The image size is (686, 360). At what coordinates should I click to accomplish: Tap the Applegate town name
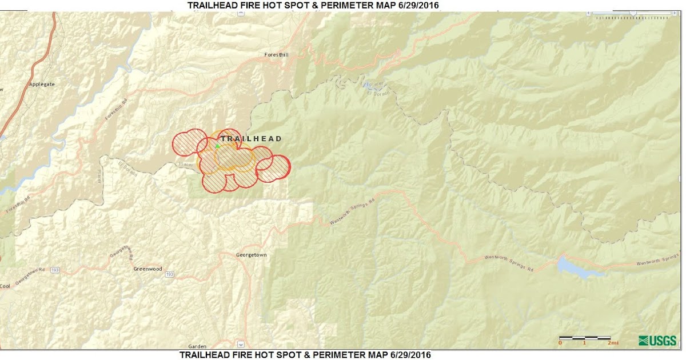pos(42,84)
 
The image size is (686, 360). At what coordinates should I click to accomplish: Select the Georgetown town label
pos(251,255)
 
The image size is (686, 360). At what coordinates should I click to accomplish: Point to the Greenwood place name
pos(147,269)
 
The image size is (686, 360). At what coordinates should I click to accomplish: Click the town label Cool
pos(5,286)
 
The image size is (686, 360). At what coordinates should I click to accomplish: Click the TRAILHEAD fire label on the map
pos(252,139)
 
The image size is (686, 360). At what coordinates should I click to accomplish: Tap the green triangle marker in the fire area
pos(217,146)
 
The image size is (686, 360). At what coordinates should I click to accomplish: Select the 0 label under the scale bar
pos(560,343)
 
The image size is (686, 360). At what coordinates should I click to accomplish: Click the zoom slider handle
pos(633,13)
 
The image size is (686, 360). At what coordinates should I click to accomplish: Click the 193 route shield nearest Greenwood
pos(169,275)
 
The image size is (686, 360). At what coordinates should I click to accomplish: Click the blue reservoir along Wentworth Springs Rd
pos(577,267)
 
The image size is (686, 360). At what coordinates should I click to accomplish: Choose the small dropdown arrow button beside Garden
pos(241,345)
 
